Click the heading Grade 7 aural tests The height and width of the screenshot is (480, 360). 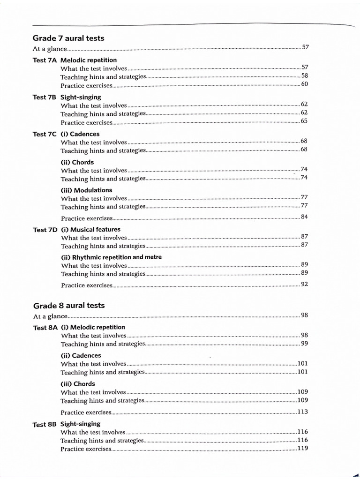click(x=68, y=38)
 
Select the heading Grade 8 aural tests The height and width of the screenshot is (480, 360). click(x=68, y=305)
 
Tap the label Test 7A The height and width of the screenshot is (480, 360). click(x=45, y=60)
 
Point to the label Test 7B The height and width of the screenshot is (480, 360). click(x=45, y=97)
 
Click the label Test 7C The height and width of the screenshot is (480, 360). click(x=45, y=134)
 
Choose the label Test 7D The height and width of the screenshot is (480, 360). click(x=45, y=230)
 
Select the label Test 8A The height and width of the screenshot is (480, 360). click(x=45, y=328)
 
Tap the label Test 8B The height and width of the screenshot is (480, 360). click(x=45, y=424)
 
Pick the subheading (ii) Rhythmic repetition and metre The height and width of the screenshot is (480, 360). click(x=112, y=257)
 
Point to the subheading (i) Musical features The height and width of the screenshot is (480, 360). click(x=90, y=230)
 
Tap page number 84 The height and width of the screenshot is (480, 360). click(x=304, y=217)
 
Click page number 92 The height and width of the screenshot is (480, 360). click(x=304, y=284)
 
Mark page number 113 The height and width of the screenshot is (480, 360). click(x=302, y=412)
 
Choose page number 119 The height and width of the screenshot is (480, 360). click(x=302, y=448)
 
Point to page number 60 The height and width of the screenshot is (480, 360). click(x=304, y=84)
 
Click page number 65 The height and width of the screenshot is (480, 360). click(x=304, y=121)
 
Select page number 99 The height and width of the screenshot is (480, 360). click(x=304, y=344)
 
